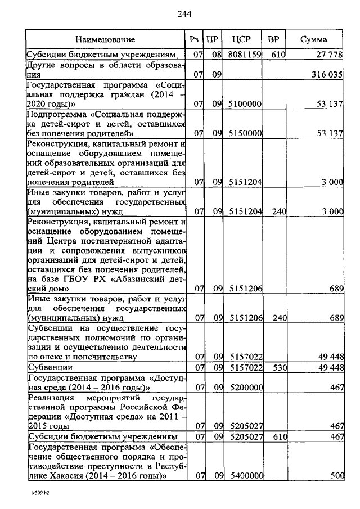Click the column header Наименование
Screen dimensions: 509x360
[106, 40]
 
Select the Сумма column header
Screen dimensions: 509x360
[313, 40]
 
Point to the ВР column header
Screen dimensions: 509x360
[274, 40]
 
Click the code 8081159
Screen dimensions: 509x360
[245, 55]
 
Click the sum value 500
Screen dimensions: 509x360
[337, 475]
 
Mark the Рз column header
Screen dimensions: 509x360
[195, 40]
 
